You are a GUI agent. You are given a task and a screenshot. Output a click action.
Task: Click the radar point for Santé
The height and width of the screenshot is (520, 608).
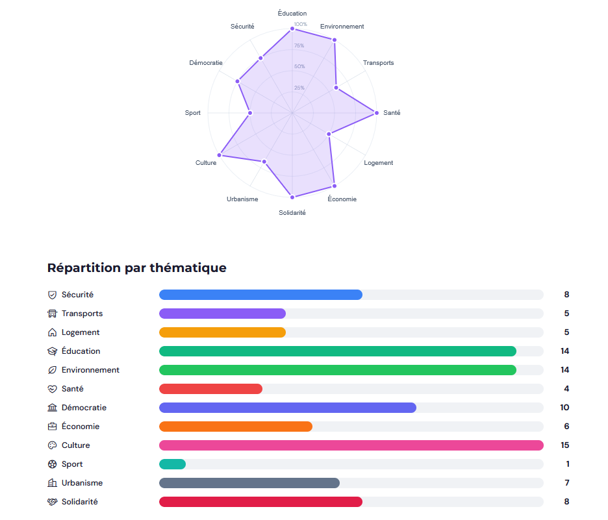[x=376, y=113]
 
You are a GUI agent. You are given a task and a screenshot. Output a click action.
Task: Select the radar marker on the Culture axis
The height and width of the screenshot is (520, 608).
[x=220, y=155]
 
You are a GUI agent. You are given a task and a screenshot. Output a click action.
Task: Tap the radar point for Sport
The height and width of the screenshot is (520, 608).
[x=250, y=113]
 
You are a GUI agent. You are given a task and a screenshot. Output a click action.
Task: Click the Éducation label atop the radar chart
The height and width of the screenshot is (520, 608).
[x=292, y=13]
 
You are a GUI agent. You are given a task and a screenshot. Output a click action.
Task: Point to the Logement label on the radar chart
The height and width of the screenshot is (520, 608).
[x=378, y=163]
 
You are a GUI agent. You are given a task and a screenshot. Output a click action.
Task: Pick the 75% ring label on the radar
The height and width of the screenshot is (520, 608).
[x=299, y=45]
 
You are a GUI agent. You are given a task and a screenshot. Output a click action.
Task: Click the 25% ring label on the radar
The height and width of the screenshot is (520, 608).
[x=299, y=88]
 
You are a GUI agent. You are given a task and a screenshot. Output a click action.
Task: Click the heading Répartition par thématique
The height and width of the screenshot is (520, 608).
[x=137, y=267]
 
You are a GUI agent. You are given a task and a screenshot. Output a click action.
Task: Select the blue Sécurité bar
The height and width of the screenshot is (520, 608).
[x=260, y=295]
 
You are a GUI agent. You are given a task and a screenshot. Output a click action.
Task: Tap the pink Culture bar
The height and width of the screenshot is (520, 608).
[x=351, y=445]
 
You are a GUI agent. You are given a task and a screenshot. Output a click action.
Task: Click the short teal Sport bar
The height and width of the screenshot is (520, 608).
[x=173, y=464]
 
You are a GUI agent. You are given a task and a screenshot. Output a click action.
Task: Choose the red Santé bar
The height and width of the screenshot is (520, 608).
[x=210, y=389]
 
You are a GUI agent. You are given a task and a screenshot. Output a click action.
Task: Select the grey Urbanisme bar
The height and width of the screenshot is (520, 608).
[x=249, y=483]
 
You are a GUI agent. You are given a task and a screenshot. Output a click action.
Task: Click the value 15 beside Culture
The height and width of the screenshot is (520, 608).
[x=565, y=445]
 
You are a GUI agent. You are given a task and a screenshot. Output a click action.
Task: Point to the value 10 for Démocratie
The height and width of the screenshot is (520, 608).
[x=565, y=408]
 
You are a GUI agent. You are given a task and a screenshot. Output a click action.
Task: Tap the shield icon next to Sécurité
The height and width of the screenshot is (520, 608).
[x=53, y=295]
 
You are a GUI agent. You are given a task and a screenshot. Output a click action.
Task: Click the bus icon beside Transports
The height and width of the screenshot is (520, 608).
[x=53, y=314]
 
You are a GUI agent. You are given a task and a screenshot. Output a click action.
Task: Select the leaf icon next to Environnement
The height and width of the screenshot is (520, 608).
[x=53, y=370]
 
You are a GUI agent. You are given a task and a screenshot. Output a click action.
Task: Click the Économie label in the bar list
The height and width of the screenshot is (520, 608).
[x=81, y=427]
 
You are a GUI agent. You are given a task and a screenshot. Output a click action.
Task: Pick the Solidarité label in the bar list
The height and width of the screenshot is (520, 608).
[x=80, y=502]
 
